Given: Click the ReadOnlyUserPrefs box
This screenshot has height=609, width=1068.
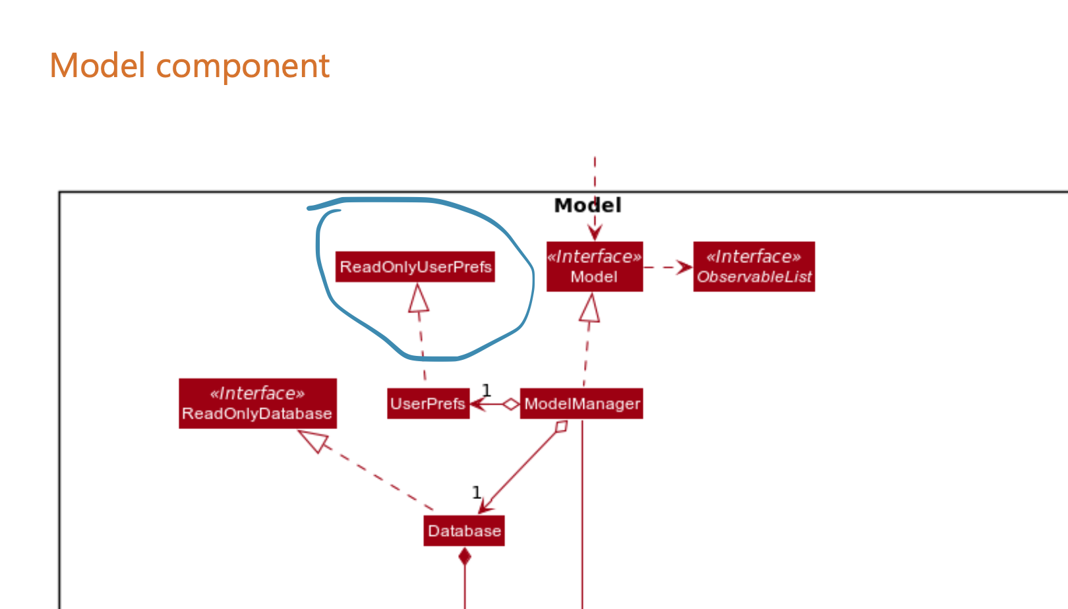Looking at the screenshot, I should tap(415, 267).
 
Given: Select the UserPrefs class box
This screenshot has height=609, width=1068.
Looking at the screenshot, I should tap(428, 403).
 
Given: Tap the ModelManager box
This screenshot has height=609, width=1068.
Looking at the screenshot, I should tap(581, 403).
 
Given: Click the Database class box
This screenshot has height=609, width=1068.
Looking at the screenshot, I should tap(464, 531).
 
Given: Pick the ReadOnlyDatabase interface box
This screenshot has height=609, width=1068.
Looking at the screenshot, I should tap(258, 403).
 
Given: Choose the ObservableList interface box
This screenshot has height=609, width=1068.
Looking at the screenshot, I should tap(754, 266).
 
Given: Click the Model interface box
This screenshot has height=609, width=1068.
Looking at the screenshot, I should tap(595, 266).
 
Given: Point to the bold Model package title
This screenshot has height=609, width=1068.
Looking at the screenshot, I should tap(587, 205).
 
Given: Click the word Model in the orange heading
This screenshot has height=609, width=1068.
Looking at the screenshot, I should tap(98, 66).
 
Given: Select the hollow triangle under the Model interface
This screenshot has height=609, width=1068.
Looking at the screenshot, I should tap(590, 308).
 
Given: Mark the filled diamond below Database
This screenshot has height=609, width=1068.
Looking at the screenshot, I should tap(465, 557).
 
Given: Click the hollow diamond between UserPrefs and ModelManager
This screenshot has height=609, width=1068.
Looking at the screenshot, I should tap(511, 404).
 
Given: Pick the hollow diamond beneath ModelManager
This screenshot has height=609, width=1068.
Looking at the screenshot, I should tap(561, 426).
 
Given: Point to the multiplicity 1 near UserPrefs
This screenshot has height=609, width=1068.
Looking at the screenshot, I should tap(487, 390).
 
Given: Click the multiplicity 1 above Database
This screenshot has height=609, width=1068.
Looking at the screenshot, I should tap(477, 492).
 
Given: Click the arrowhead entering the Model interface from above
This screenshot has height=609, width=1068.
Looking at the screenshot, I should tap(595, 233).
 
